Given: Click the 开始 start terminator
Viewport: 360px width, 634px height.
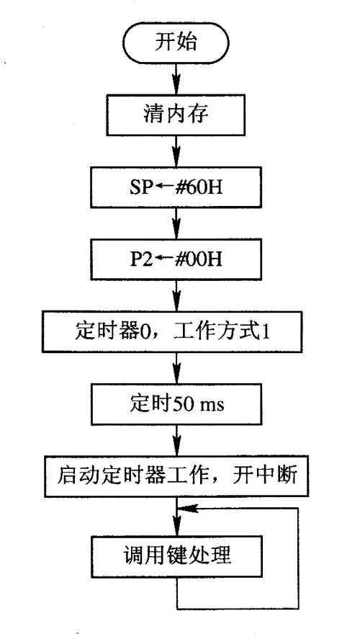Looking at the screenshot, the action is pyautogui.click(x=176, y=43).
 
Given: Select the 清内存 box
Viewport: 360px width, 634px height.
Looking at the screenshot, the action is pyautogui.click(x=176, y=115).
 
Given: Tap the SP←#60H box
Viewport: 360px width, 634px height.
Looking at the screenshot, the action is pyautogui.click(x=176, y=187).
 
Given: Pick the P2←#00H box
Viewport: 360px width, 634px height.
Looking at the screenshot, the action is pyautogui.click(x=176, y=259).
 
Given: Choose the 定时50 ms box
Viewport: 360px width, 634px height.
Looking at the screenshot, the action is pyautogui.click(x=176, y=404).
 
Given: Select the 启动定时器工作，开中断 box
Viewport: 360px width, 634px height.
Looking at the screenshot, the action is pyautogui.click(x=177, y=476).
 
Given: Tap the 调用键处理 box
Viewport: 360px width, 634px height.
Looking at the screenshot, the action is pyautogui.click(x=176, y=556).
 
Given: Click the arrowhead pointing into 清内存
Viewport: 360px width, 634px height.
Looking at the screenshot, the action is pyautogui.click(x=177, y=86).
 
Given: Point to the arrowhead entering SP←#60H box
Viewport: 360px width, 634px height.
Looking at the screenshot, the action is pyautogui.click(x=177, y=159).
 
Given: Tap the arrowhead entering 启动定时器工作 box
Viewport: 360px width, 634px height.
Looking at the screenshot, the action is pyautogui.click(x=177, y=448).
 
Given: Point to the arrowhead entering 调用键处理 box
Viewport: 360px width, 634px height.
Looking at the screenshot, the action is pyautogui.click(x=177, y=528).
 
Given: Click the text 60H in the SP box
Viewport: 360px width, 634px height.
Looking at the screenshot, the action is pyautogui.click(x=207, y=187).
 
